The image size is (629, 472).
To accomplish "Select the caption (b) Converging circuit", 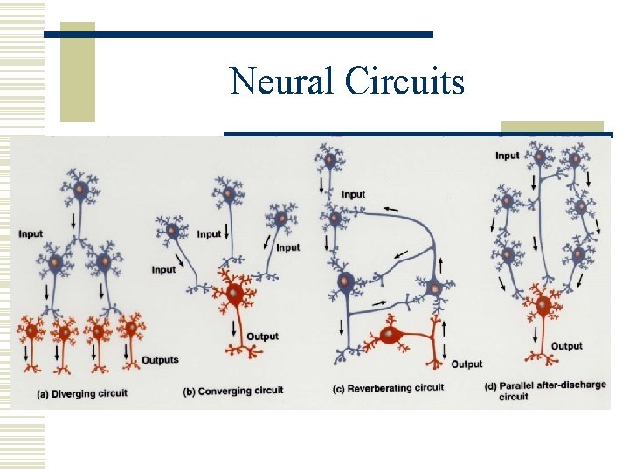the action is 233,391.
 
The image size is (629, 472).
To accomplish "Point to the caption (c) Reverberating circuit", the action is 389,387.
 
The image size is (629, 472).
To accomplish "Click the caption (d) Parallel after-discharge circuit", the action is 544,390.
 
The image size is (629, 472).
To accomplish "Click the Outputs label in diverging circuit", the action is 160,360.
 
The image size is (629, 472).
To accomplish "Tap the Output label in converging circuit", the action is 262,337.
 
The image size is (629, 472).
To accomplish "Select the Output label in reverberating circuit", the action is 466,364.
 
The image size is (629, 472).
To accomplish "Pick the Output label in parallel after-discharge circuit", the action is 566,346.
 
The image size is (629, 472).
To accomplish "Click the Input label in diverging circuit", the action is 31,234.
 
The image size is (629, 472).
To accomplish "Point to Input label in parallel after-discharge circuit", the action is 507,156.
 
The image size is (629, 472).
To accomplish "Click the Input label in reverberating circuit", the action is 354,194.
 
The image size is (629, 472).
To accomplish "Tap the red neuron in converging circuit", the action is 234,295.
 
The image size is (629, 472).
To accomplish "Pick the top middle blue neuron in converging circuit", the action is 228,191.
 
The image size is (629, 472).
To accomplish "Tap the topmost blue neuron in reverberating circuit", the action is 328,160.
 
